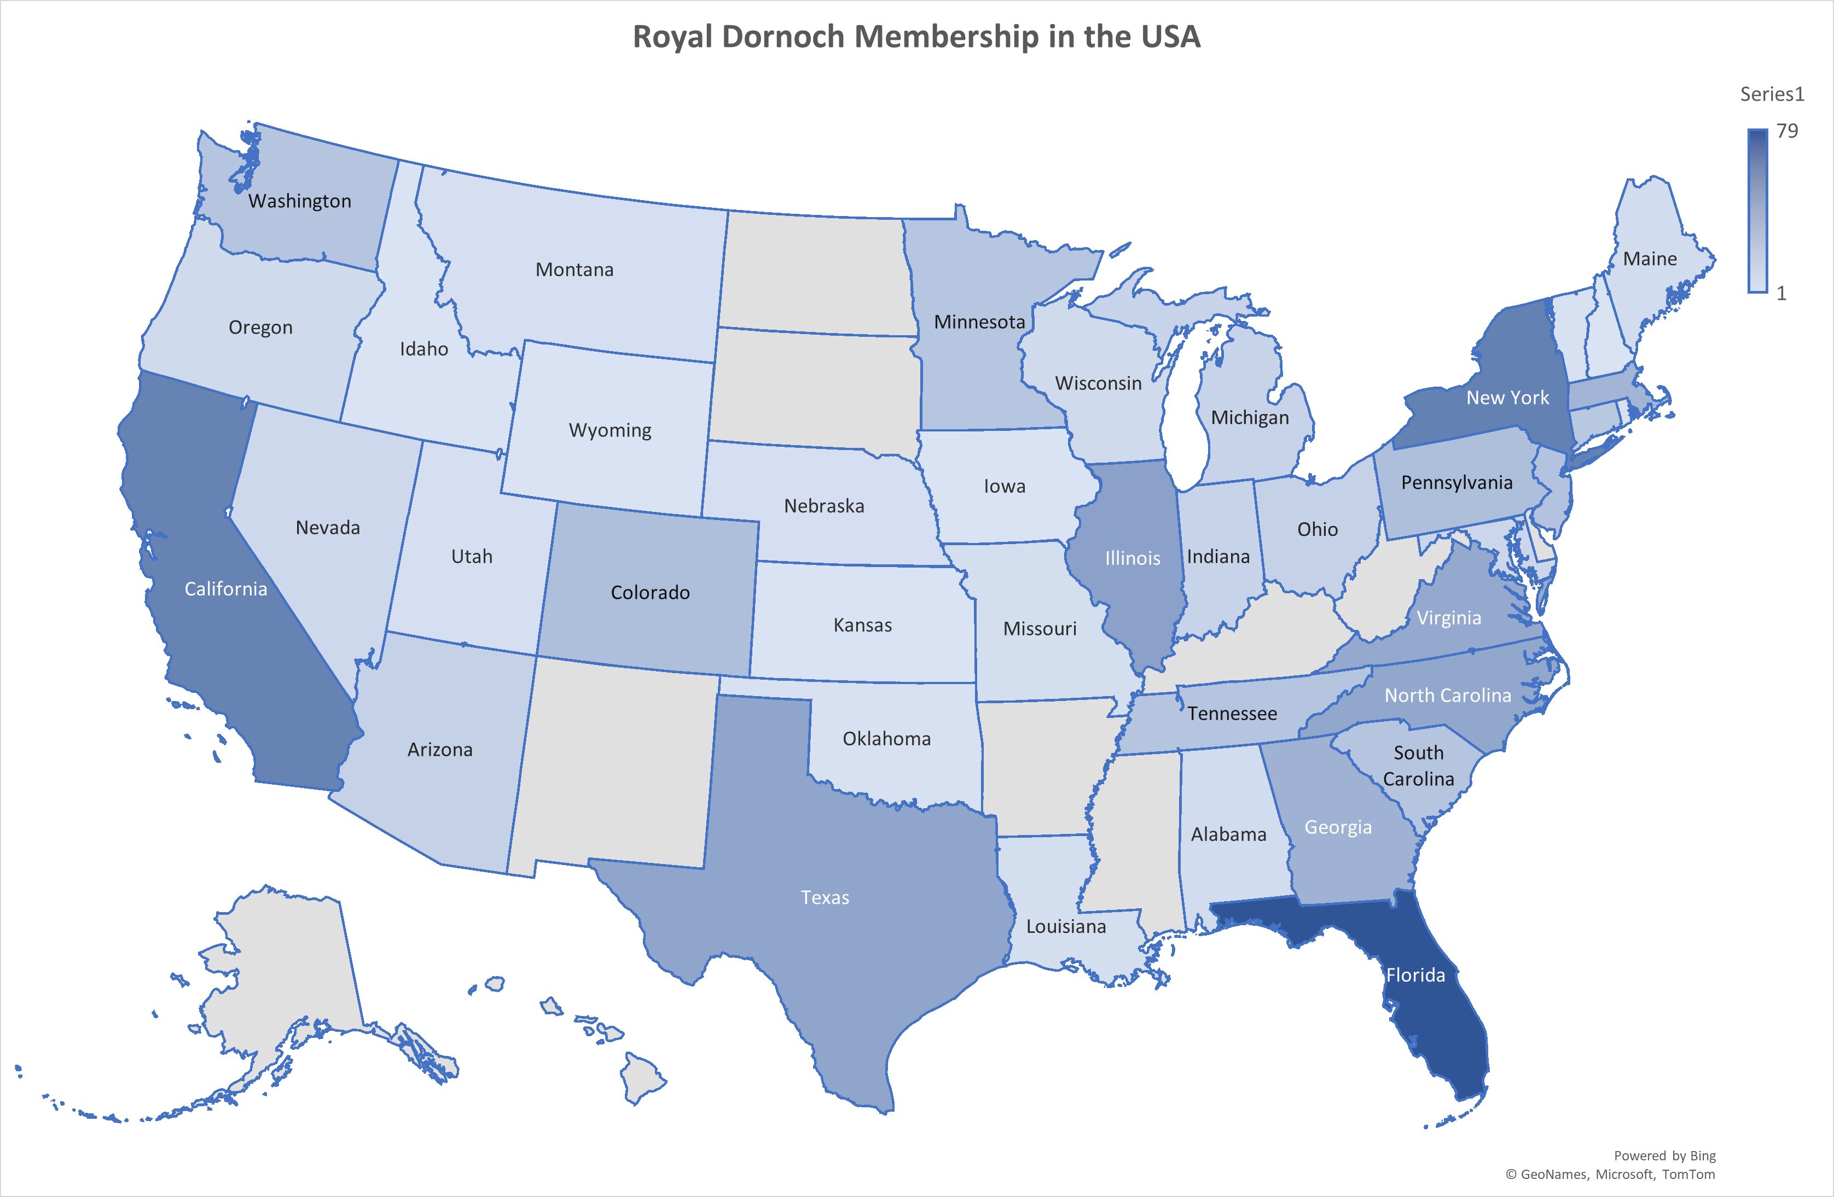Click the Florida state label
(1415, 975)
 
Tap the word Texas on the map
(825, 897)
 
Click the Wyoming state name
(610, 430)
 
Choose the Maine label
(1649, 259)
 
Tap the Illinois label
(1132, 558)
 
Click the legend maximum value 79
(1786, 131)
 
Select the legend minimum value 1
(1781, 294)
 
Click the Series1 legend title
(1772, 94)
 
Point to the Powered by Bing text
(1664, 1155)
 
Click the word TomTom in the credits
(1688, 1175)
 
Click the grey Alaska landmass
(285, 971)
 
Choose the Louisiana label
(1066, 927)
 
